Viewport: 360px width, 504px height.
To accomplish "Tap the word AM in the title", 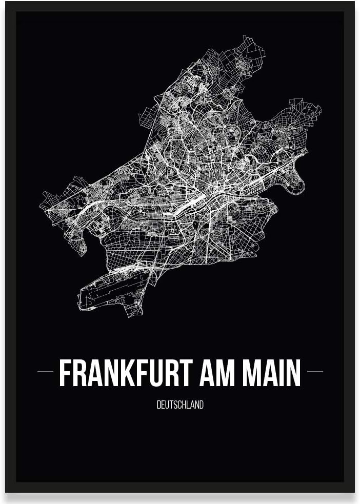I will [x=218, y=373].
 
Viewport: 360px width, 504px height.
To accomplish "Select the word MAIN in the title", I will [x=271, y=373].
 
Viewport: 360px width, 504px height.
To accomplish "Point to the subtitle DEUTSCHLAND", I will [x=180, y=405].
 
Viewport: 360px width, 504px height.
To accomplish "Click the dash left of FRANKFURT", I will [x=46, y=372].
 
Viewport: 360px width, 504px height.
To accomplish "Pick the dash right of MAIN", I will [x=314, y=372].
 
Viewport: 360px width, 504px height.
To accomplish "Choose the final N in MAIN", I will [x=293, y=373].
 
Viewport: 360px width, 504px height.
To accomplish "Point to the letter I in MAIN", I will [x=279, y=373].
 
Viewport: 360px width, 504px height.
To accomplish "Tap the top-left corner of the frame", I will [x=7, y=3].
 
